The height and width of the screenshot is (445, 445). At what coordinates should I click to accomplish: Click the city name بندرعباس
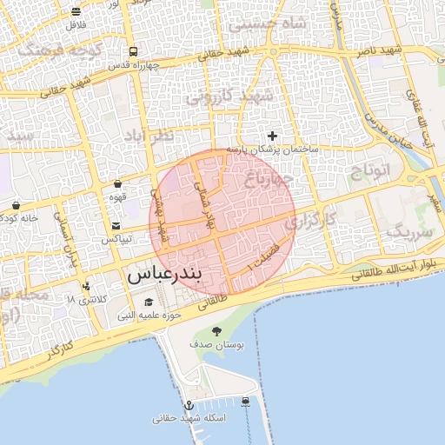(164, 276)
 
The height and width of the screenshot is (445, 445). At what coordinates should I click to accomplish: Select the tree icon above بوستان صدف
(216, 330)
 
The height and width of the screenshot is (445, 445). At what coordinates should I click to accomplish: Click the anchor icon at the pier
(188, 405)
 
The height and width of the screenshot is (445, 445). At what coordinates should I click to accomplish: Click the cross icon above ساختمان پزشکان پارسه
(272, 136)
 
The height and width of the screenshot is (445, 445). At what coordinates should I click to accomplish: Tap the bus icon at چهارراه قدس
(132, 52)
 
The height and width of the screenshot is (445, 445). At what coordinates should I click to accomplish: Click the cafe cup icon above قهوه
(118, 184)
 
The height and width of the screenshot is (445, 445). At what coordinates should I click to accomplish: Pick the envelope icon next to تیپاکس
(116, 226)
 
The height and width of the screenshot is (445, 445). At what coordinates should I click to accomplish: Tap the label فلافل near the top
(76, 23)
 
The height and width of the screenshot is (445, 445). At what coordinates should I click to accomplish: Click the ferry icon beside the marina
(246, 402)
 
